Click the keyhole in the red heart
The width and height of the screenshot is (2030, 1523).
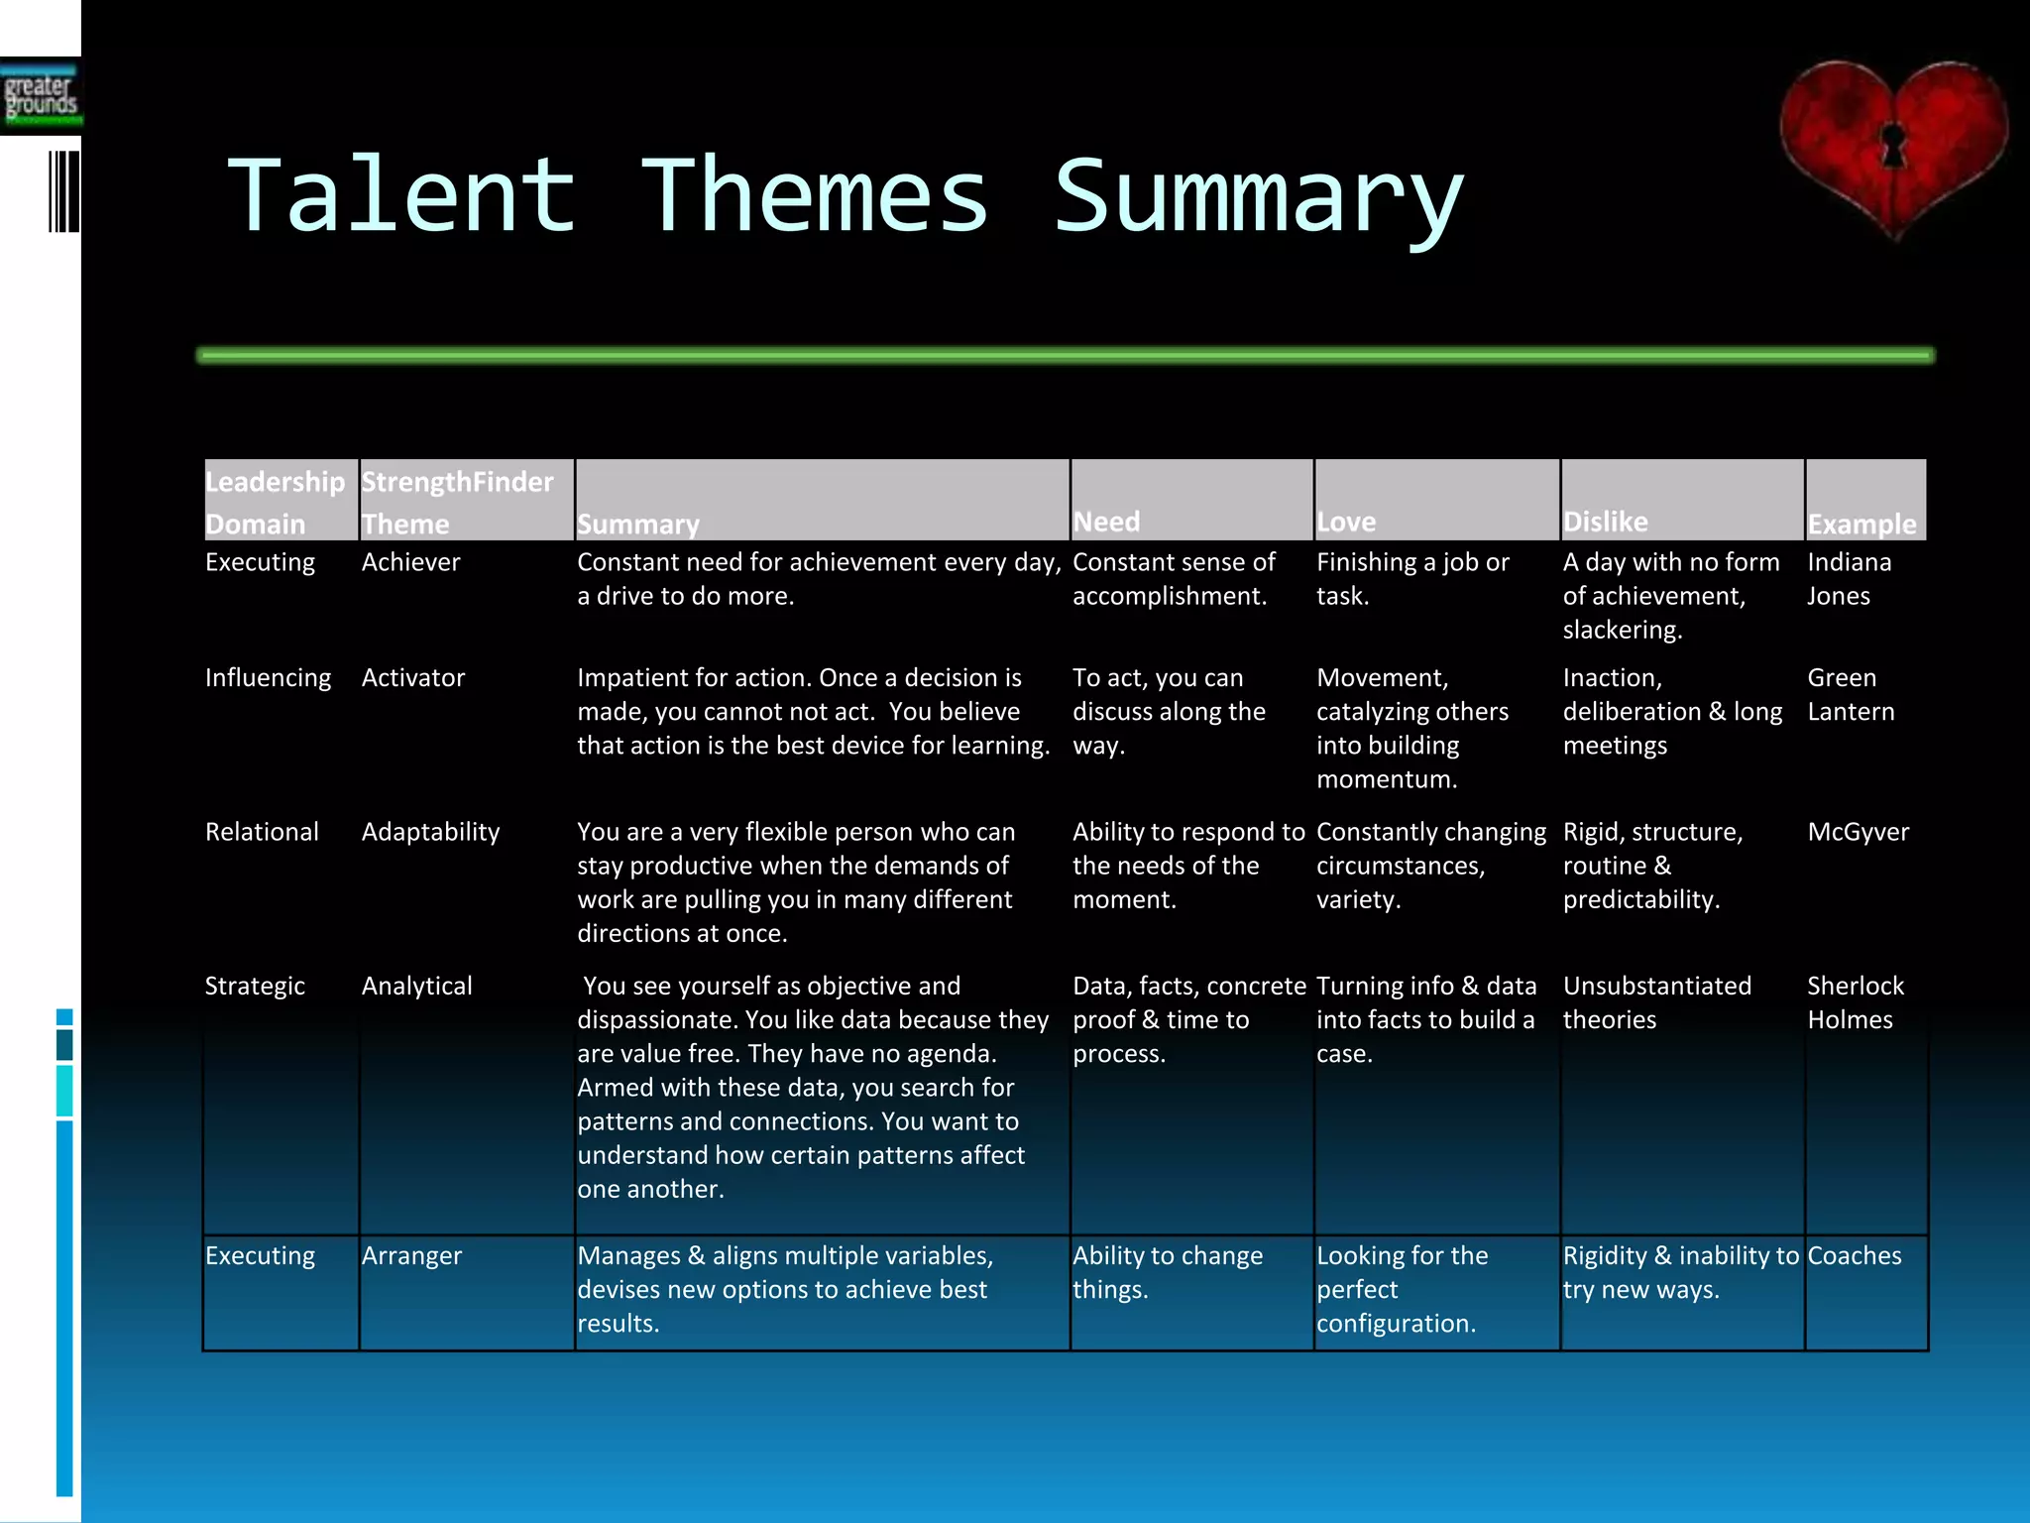click(1892, 145)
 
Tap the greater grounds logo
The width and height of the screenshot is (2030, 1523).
click(41, 97)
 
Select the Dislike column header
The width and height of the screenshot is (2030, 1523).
click(1605, 521)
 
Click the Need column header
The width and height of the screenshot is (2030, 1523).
click(1106, 521)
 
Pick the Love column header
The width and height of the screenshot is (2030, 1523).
click(1345, 521)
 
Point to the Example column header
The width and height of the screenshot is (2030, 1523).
click(1861, 523)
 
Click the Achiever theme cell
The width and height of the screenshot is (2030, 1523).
click(410, 562)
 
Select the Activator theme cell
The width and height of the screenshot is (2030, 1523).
click(412, 677)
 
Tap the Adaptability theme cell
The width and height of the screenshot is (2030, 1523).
click(430, 831)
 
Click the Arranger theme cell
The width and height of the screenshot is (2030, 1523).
click(411, 1255)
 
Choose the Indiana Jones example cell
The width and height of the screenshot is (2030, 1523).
click(1848, 578)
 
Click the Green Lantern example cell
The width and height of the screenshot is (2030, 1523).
click(1850, 694)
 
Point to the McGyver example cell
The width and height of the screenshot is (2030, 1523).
click(1858, 831)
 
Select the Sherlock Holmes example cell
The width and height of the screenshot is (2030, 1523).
click(1854, 1002)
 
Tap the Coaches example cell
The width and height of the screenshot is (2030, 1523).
click(1854, 1255)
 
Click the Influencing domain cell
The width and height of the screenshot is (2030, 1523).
click(268, 677)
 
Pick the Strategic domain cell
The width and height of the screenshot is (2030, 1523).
click(255, 986)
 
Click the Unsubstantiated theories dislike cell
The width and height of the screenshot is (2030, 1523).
click(1656, 1002)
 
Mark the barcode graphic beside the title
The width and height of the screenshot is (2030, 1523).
click(63, 191)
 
